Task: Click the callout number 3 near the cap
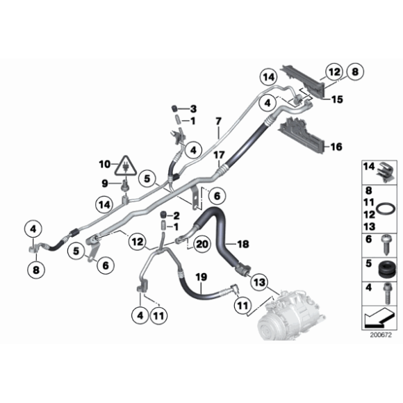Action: coord(194,109)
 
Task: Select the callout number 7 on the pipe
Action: coord(217,130)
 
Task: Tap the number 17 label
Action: coord(218,154)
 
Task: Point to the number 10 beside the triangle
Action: coord(104,165)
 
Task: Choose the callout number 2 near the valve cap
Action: coord(176,215)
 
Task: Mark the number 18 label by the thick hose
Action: coord(243,244)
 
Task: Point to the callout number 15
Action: coord(336,100)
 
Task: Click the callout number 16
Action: coord(336,147)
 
